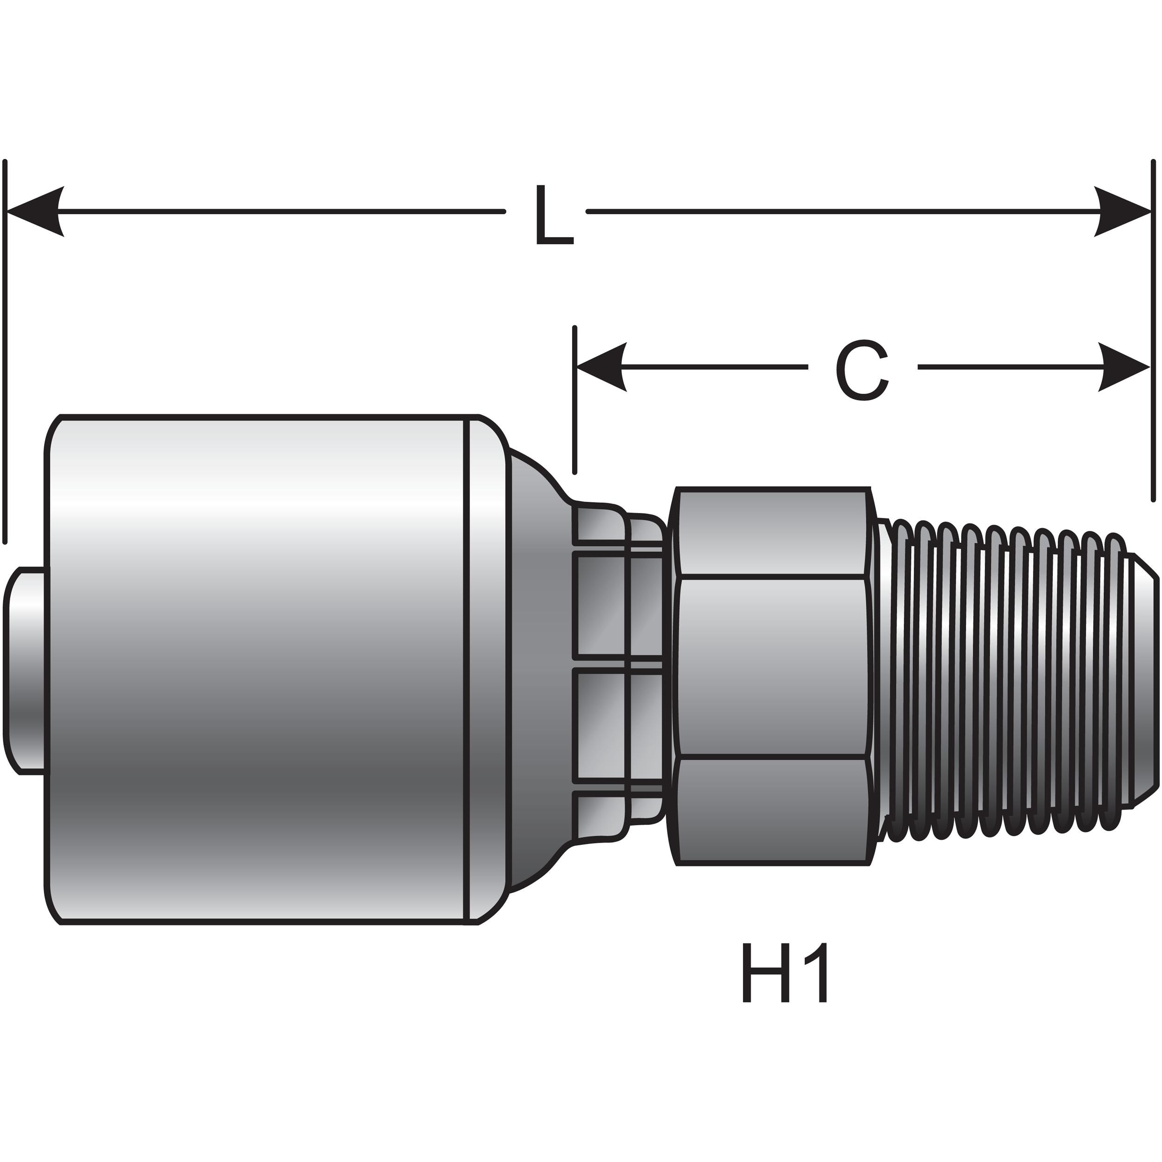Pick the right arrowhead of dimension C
coord(1123,367)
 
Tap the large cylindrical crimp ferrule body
coord(258,667)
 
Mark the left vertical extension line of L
coord(6,349)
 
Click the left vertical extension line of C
coord(575,400)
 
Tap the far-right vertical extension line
coord(1153,331)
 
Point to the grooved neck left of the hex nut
coord(620,667)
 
